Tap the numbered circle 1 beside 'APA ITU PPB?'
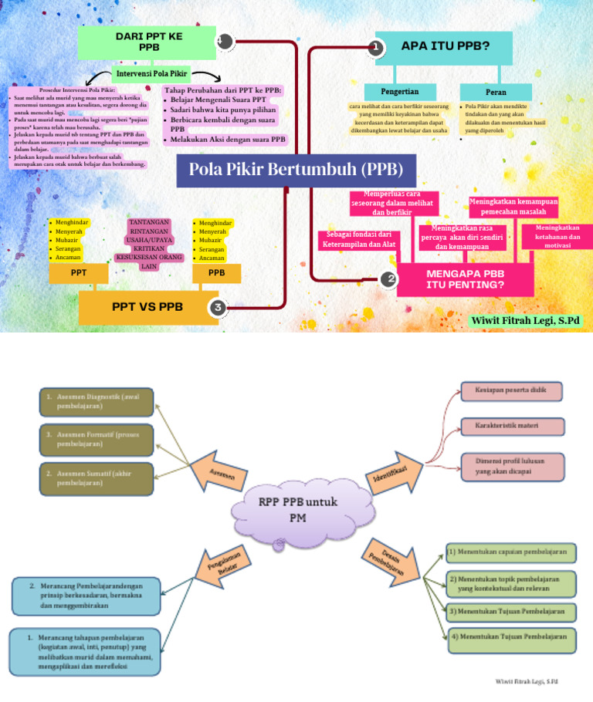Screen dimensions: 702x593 coord(376,48)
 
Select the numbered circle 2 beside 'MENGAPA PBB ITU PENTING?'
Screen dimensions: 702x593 coord(391,278)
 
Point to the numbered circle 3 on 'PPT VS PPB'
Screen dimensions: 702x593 coord(219,308)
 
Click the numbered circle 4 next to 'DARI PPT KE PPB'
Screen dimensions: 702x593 coord(223,42)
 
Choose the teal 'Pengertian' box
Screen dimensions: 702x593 coord(399,92)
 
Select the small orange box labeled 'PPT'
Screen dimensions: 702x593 coord(78,273)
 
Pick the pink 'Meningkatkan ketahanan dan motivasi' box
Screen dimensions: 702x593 coord(557,237)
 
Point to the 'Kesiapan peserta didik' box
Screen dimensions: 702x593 coord(512,391)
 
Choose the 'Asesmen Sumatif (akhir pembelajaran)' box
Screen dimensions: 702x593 coord(96,478)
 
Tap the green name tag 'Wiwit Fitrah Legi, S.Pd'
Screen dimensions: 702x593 coord(525,320)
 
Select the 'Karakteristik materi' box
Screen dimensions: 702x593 coord(512,425)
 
